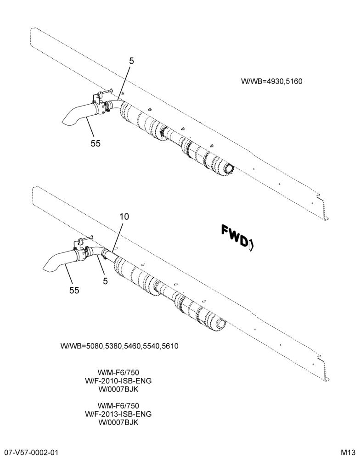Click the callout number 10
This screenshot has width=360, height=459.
tap(124, 217)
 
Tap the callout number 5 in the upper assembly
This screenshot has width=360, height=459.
tap(131, 61)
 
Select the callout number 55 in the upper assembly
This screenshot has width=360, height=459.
tap(96, 143)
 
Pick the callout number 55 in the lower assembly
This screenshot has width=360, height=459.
tap(74, 290)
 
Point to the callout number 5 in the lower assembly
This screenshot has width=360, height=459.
tap(106, 281)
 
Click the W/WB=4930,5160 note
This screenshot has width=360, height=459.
tap(271, 81)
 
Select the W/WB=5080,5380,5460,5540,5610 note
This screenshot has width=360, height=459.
tap(119, 346)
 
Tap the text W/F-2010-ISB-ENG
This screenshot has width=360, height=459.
tap(118, 381)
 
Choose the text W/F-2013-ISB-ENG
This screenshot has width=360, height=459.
tap(118, 414)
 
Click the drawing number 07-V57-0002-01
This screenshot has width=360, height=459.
tap(29, 453)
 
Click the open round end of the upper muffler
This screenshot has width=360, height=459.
tap(229, 169)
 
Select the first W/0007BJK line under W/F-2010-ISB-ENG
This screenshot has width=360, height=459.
tap(118, 389)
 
